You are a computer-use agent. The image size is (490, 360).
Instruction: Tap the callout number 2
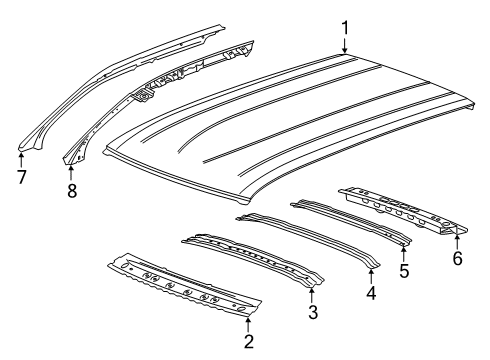tap(249, 342)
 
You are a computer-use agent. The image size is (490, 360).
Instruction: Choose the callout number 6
tap(457, 259)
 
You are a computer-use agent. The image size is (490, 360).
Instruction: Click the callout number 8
tap(71, 187)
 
